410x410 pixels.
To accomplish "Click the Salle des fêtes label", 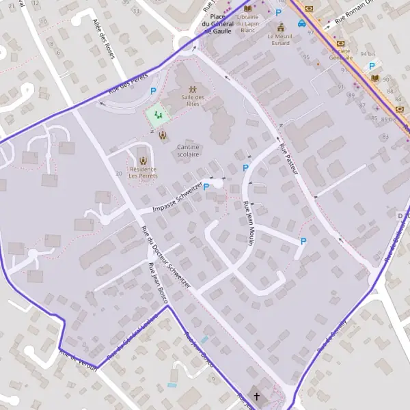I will [193, 101].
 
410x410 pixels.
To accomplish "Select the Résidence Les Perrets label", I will [143, 172].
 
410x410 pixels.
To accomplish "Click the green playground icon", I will [159, 115].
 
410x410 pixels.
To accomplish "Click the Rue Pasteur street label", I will [289, 159].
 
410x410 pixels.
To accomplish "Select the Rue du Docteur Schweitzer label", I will [165, 256].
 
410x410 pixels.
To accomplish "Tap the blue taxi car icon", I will [301, 23].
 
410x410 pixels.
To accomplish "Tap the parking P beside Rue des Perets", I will [154, 91].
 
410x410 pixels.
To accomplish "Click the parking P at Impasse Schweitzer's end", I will [206, 187].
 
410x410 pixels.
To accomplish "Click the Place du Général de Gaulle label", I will [219, 23].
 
